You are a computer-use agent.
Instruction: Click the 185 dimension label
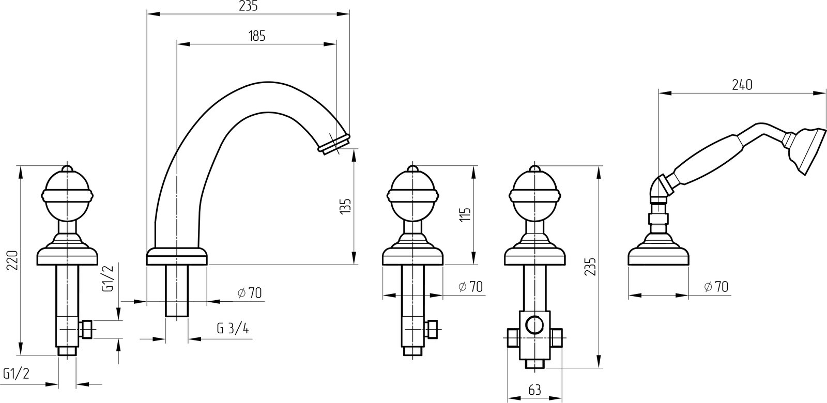(257, 36)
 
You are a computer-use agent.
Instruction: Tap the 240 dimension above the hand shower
(742, 85)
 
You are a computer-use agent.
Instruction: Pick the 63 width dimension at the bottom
(534, 390)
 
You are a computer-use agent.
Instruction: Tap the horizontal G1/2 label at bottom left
(16, 374)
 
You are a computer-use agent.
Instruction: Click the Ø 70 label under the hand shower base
(716, 286)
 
